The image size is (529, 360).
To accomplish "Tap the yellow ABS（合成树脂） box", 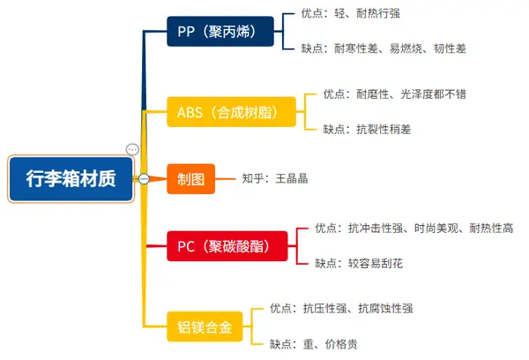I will (229, 111).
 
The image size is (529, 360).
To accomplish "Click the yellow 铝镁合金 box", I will (203, 326).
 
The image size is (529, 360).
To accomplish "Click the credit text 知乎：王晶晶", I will (275, 179).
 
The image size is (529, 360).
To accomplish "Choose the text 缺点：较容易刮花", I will (360, 263).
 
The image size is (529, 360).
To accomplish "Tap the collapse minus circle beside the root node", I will (143, 179).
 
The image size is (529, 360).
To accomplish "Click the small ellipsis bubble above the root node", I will (132, 150).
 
